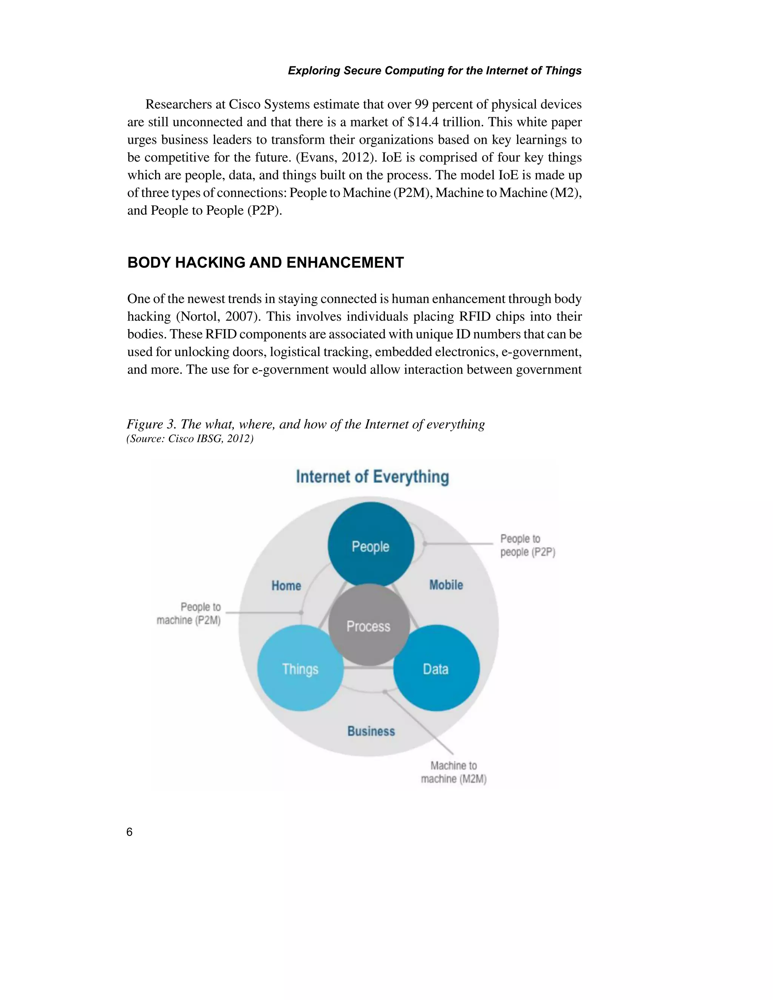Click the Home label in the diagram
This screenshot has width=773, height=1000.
click(286, 586)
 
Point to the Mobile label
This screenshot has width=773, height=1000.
click(446, 585)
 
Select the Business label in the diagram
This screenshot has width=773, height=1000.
click(371, 731)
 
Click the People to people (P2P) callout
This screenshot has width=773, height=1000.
click(527, 545)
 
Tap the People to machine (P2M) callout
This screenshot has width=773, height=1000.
click(189, 614)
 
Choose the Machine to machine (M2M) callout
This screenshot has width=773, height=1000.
click(453, 772)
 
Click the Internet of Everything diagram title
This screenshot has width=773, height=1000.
click(372, 477)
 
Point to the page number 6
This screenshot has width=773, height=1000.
click(129, 832)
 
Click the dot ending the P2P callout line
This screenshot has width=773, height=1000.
click(425, 543)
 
